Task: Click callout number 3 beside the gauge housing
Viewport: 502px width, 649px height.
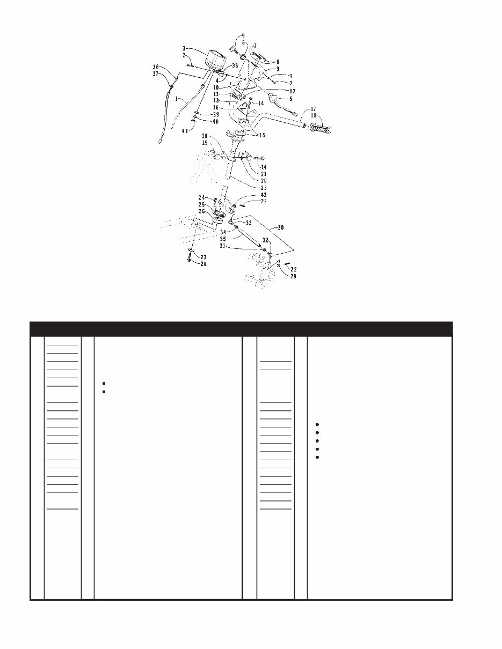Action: tap(184, 48)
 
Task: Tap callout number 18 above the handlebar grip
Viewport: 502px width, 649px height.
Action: tap(314, 116)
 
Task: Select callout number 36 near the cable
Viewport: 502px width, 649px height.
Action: tap(156, 67)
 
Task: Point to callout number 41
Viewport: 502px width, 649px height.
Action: tap(185, 130)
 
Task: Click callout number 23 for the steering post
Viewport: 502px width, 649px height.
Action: tap(264, 188)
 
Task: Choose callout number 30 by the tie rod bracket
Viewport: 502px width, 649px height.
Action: tap(280, 227)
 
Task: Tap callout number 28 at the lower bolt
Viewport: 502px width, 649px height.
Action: tap(203, 264)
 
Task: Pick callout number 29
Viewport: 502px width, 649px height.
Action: tap(293, 276)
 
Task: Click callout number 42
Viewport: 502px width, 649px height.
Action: tap(264, 195)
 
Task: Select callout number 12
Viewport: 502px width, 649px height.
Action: tap(292, 91)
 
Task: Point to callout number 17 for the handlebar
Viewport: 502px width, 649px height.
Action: tap(314, 109)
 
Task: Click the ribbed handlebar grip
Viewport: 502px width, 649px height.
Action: tap(321, 129)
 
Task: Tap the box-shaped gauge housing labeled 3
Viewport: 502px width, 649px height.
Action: tap(216, 62)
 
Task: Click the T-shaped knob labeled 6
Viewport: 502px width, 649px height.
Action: tap(233, 49)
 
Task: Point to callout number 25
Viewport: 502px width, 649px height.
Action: tap(202, 204)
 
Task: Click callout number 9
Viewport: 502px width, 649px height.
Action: tap(278, 69)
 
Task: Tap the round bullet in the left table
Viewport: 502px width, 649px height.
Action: tap(104, 383)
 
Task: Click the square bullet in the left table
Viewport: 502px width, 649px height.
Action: tap(104, 392)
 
